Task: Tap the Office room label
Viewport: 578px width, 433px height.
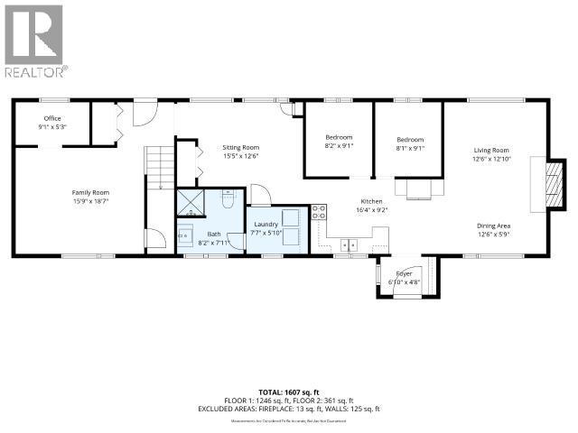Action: click(53, 118)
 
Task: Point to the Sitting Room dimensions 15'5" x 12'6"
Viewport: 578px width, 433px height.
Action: click(240, 156)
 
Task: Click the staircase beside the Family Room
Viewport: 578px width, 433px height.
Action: click(158, 168)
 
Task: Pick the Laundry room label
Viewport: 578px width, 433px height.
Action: click(266, 224)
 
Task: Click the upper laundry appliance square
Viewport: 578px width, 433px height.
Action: click(291, 218)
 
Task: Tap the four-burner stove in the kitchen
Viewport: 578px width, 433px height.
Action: click(319, 213)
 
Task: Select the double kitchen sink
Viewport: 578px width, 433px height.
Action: click(350, 244)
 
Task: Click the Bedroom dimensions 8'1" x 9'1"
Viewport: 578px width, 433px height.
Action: click(410, 148)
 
